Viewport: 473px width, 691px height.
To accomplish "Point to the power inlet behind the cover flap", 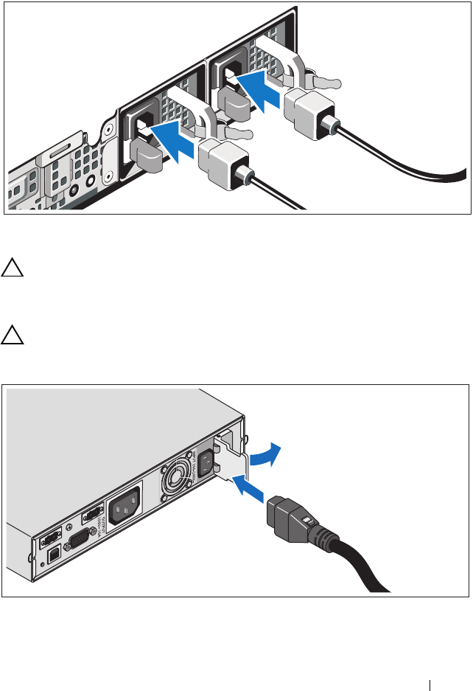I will (x=206, y=462).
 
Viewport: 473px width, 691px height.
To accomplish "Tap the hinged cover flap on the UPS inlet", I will (x=230, y=464).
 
